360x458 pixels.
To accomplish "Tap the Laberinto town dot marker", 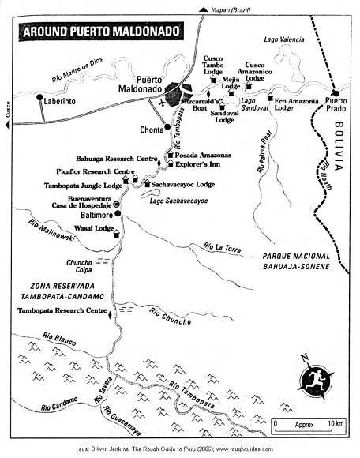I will click(39, 98).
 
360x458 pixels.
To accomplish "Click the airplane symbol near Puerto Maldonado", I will click(162, 102).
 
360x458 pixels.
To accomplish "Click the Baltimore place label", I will click(91, 215).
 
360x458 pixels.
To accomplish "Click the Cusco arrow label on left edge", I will click(9, 107).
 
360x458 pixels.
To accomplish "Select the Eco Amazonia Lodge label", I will click(294, 103).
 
